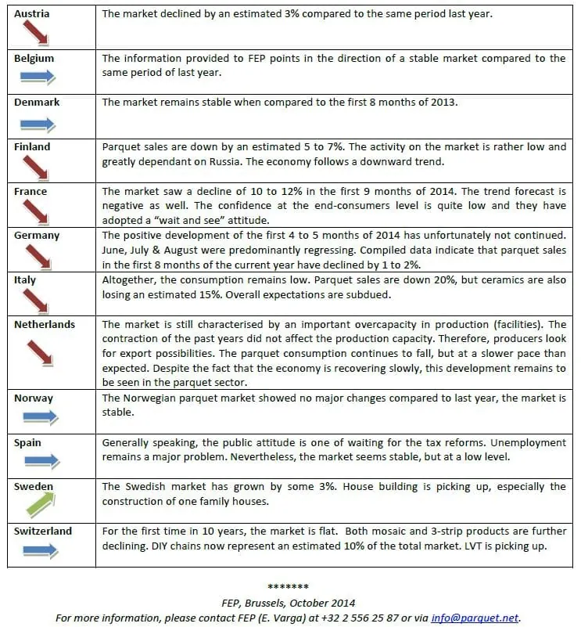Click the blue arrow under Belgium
click(36, 77)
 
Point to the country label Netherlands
click(45, 324)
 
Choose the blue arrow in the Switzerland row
click(36, 550)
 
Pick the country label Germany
click(37, 236)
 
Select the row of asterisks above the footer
click(289, 587)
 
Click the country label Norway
click(34, 398)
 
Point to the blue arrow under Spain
click(36, 462)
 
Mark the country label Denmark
click(37, 102)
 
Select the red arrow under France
click(36, 212)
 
